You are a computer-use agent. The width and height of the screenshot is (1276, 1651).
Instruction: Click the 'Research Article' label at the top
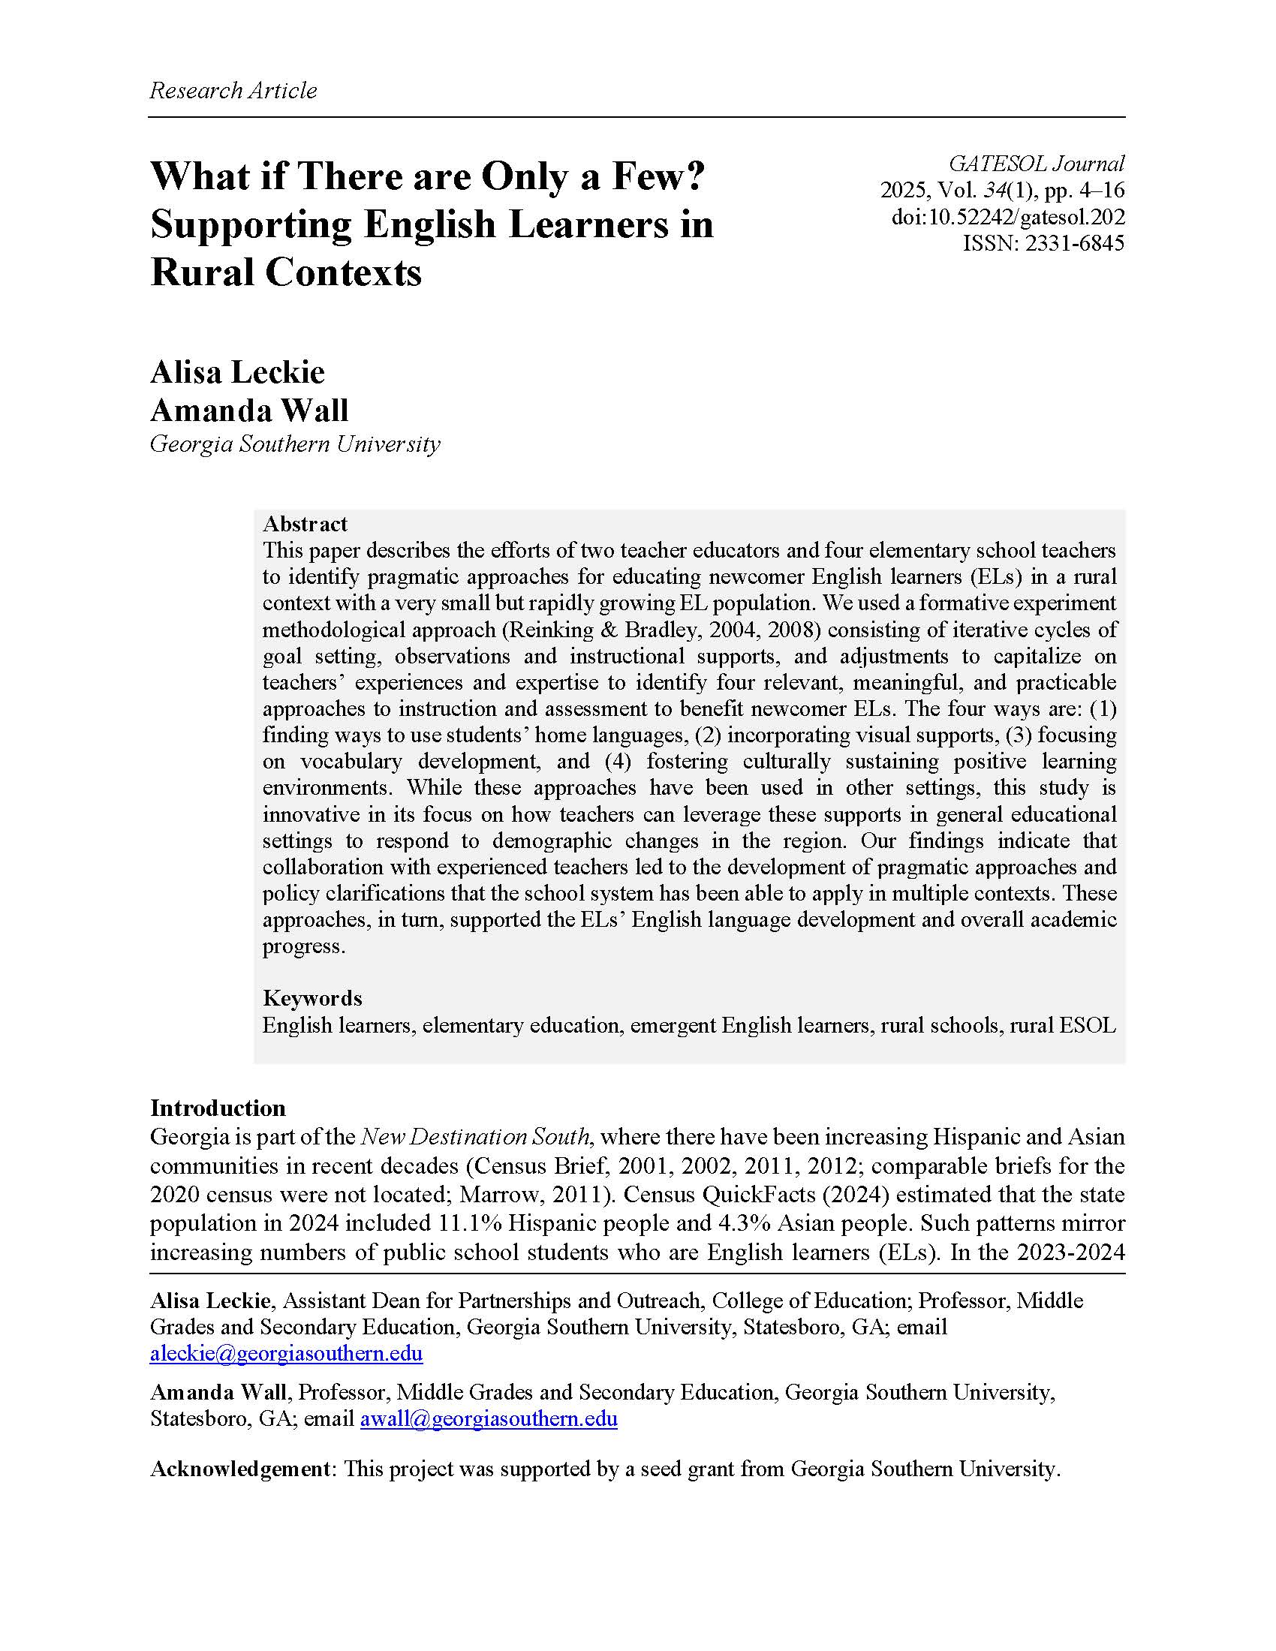coord(233,91)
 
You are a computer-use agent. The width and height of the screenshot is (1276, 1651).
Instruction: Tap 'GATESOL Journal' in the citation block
coord(1037,164)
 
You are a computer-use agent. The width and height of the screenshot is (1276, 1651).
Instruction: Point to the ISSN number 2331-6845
coord(1074,243)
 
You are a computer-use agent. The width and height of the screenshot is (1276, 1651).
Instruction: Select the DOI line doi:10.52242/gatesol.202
coord(1008,218)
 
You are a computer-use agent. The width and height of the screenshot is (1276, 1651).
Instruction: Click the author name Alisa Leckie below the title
coord(237,372)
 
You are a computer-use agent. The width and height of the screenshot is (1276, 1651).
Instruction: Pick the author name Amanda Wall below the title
coord(249,410)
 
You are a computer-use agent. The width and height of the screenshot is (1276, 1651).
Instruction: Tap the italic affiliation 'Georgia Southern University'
coord(295,444)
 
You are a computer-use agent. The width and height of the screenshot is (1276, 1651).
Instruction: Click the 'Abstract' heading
coord(305,524)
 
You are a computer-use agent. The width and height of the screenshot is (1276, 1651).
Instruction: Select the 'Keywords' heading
coord(312,998)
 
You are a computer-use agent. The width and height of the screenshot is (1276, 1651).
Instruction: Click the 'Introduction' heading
coord(218,1108)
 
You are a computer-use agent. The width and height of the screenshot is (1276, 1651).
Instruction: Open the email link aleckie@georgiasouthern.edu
coord(286,1353)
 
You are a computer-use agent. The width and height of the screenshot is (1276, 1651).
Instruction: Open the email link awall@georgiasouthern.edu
coord(489,1419)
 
